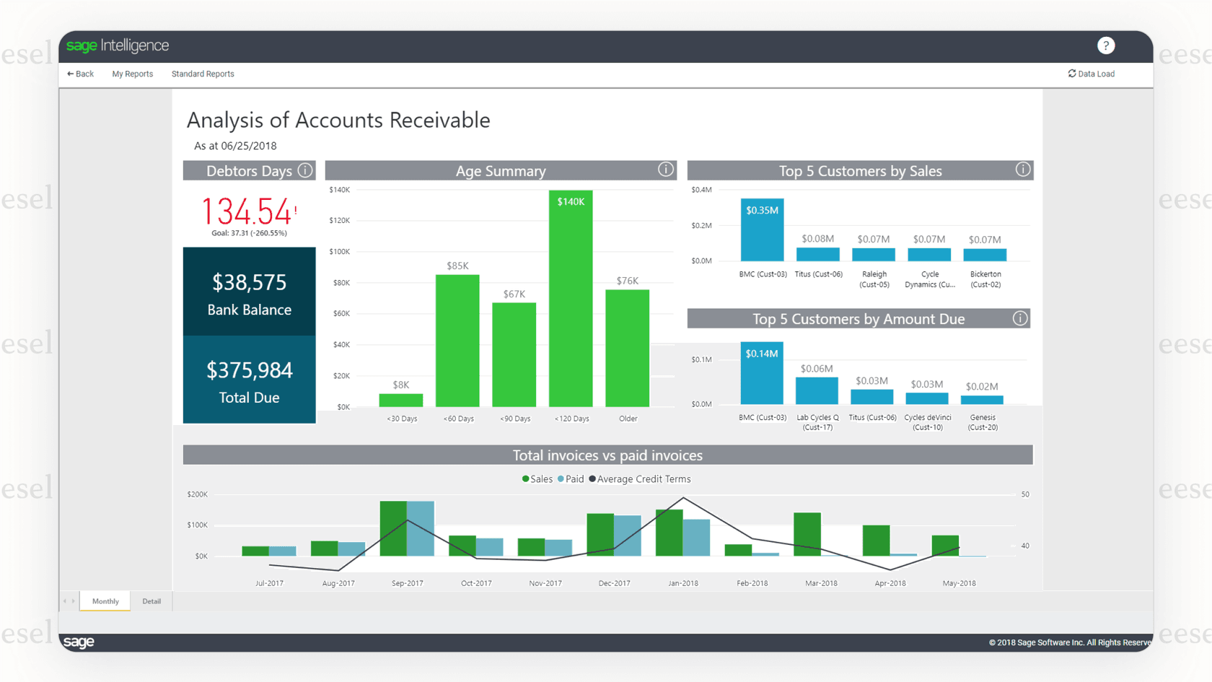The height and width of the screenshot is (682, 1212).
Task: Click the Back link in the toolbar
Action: [81, 74]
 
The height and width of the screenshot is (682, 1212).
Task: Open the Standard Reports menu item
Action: [203, 74]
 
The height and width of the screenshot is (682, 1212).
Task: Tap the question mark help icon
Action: [1105, 45]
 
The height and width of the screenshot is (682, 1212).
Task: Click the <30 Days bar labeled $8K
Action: [401, 400]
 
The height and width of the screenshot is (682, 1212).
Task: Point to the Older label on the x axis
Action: [628, 419]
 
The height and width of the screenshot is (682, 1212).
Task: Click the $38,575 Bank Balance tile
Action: [249, 292]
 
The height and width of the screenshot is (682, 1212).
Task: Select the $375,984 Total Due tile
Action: [249, 380]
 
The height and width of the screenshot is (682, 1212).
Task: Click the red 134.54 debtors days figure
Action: [246, 211]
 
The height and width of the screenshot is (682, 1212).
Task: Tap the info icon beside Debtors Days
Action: [305, 170]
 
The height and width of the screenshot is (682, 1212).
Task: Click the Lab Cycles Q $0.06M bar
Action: [817, 390]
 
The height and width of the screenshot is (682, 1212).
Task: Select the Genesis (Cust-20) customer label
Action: [983, 422]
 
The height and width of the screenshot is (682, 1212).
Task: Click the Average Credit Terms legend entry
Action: [640, 479]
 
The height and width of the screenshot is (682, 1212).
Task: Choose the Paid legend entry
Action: [571, 479]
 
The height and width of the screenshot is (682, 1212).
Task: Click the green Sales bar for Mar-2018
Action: [807, 534]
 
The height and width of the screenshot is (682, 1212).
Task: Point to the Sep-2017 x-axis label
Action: [407, 583]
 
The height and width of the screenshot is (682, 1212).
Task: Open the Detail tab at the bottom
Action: [151, 601]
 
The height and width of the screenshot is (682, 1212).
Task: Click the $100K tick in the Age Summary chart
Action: [339, 252]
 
